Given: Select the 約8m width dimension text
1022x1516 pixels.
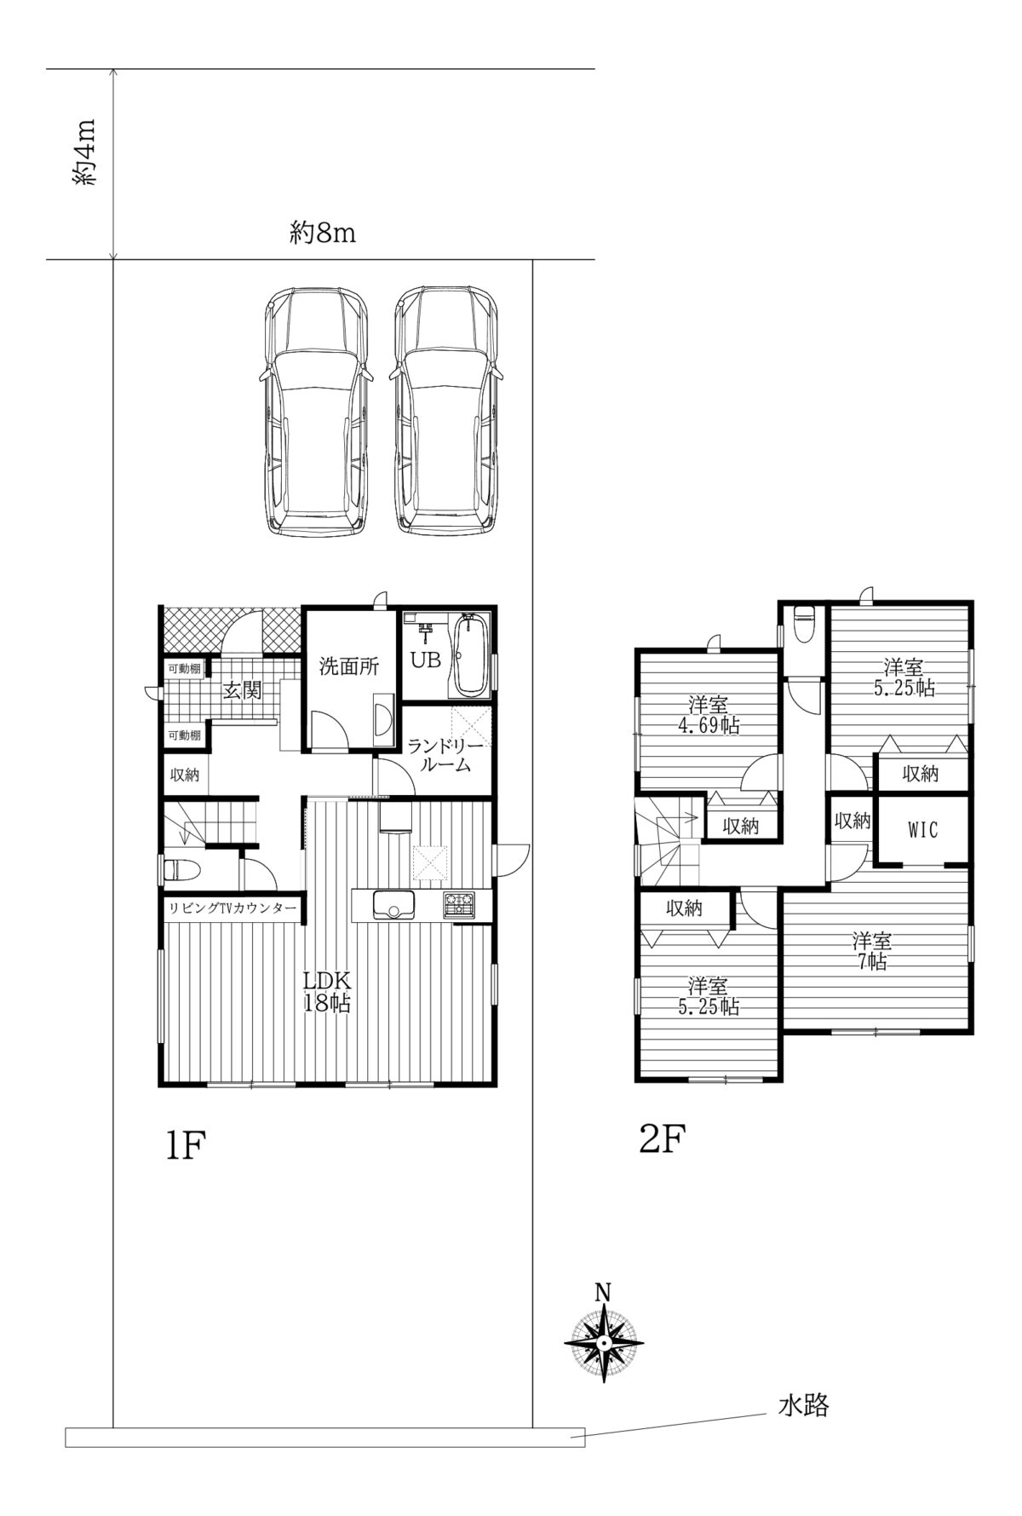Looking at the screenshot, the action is coord(322,232).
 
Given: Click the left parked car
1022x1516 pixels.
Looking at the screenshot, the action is coord(316,411).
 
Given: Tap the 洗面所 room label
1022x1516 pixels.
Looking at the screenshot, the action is coord(348,666).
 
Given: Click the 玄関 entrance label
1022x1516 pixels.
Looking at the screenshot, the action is coord(242,690).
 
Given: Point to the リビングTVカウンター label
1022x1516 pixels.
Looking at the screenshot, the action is coord(233,908).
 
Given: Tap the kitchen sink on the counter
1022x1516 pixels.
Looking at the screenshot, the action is coord(394,905).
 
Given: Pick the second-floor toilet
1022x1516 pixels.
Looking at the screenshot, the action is coord(804,624).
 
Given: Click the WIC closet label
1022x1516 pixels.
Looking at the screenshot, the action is coord(922,828).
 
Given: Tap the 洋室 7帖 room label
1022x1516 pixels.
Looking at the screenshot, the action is coord(871,951).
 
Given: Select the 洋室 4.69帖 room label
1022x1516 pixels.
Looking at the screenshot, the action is coord(708,715).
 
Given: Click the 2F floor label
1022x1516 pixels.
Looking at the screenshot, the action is coord(663,1139).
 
